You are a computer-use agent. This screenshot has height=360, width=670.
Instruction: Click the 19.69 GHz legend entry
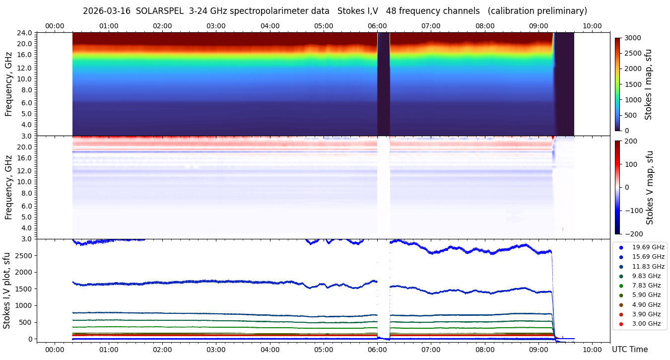pyautogui.click(x=648, y=247)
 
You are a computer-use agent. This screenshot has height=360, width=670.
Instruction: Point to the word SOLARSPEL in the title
pyautogui.click(x=160, y=11)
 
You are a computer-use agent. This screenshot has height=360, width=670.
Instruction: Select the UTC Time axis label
pyautogui.click(x=629, y=350)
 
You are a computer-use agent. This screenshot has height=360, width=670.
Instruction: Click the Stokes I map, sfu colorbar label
pyautogui.click(x=648, y=84)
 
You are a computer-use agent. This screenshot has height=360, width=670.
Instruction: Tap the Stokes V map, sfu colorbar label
pyautogui.click(x=650, y=188)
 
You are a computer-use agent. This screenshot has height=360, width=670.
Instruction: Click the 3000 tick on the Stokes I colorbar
pyautogui.click(x=632, y=38)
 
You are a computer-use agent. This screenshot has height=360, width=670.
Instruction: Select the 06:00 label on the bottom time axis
pyautogui.click(x=377, y=350)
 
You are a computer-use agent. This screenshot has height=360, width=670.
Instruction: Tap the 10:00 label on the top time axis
pyautogui.click(x=592, y=26)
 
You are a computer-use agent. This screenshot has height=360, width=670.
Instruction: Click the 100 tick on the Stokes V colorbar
pyautogui.click(x=631, y=164)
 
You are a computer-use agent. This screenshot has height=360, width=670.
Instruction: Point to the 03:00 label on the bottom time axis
pyautogui.click(x=216, y=350)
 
